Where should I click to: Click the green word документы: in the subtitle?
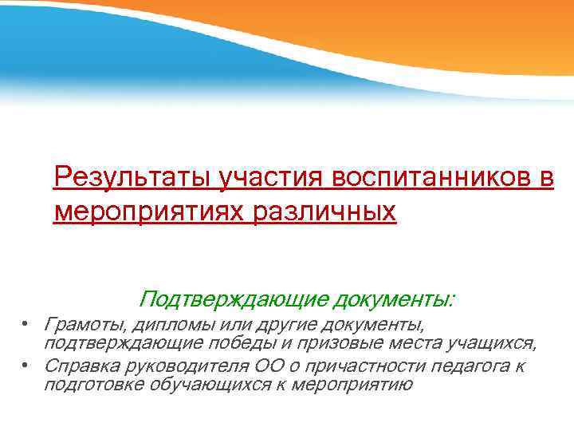coord(395,299)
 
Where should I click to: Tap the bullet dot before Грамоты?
coord(26,324)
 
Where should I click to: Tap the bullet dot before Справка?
coord(26,366)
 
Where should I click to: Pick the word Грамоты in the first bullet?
coord(83,324)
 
